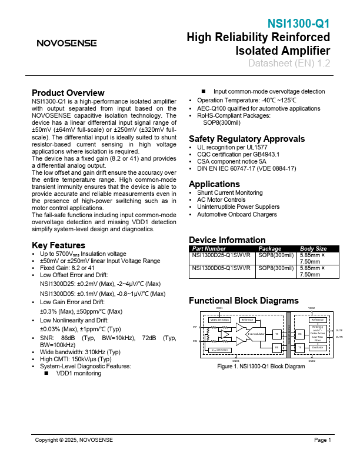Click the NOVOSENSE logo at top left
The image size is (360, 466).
point(66,43)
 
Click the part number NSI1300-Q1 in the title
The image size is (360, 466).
point(298,24)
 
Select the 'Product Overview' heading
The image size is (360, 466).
point(68,93)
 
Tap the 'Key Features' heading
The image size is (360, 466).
point(59,245)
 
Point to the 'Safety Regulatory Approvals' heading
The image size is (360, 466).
point(246,139)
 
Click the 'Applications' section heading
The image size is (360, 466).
point(215,184)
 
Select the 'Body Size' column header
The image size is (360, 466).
point(314,249)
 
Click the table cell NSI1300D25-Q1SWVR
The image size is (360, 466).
point(221,255)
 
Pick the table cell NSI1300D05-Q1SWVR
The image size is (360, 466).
point(221,268)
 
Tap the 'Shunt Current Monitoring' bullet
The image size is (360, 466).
point(229,193)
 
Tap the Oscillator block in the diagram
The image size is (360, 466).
point(318,348)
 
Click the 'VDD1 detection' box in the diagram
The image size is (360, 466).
point(219,319)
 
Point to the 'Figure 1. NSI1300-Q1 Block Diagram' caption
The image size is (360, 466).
point(261,367)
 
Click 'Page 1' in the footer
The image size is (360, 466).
point(322,440)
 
